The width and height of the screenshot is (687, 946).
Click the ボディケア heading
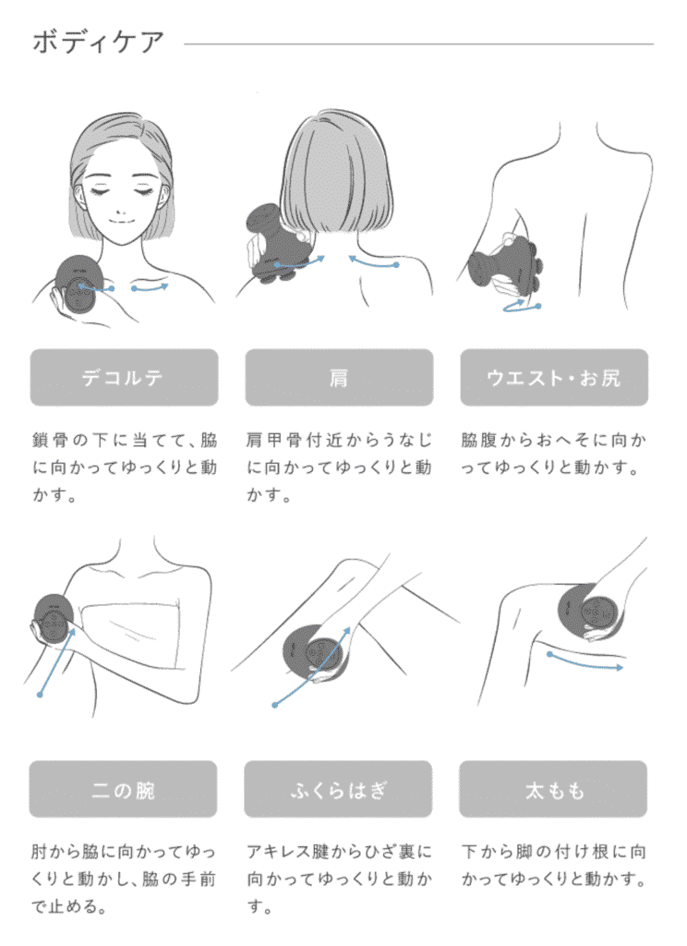click(x=98, y=42)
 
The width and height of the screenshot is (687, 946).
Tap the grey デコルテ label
click(x=125, y=377)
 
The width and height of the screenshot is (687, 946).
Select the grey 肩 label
click(x=339, y=377)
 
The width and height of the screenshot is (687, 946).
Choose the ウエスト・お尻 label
click(x=554, y=377)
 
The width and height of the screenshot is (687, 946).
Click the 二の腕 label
click(x=123, y=789)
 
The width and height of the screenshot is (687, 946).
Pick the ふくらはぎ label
click(x=338, y=789)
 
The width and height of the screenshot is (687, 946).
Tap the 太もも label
click(x=553, y=789)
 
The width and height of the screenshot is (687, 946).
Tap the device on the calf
click(x=315, y=653)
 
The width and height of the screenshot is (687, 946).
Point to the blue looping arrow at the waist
click(x=521, y=306)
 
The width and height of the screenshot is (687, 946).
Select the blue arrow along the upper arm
click(x=56, y=662)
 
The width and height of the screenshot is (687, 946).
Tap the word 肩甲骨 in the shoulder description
click(x=273, y=440)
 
